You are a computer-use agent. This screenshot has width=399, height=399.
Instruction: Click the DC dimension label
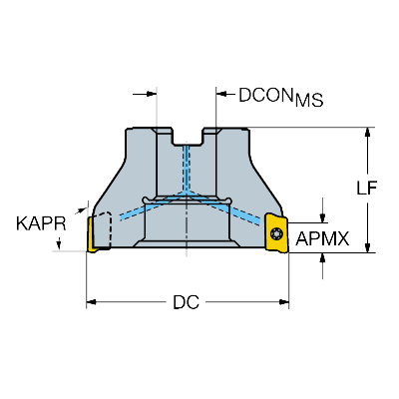click(187, 302)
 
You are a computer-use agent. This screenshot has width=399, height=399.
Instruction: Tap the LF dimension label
click(367, 189)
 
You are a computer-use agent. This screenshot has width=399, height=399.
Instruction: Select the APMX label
click(322, 238)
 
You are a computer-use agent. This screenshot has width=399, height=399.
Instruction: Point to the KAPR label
click(41, 223)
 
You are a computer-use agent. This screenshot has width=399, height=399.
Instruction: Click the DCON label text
click(265, 95)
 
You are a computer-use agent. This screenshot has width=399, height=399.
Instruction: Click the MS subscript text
click(309, 101)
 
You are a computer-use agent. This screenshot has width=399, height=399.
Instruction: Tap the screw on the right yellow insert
click(275, 233)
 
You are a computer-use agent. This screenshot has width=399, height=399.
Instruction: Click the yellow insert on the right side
click(276, 233)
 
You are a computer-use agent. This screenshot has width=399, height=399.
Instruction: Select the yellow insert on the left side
click(92, 234)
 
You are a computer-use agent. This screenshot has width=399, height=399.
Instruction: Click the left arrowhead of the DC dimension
click(91, 302)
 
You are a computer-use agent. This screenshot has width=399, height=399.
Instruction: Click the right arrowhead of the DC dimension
click(284, 302)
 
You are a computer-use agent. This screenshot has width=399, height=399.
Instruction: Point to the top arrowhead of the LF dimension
click(367, 132)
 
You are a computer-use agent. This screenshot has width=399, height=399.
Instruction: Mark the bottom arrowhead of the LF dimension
click(367, 247)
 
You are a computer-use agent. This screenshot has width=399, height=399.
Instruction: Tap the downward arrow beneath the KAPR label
click(59, 243)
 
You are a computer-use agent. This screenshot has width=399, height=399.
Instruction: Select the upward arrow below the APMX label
click(322, 266)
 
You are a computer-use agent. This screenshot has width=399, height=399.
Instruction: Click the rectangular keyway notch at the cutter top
click(187, 137)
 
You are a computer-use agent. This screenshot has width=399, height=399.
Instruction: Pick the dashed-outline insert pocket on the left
click(102, 230)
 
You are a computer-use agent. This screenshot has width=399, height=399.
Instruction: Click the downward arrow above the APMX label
click(322, 210)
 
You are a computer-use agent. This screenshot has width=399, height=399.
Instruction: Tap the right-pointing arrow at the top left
click(145, 95)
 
